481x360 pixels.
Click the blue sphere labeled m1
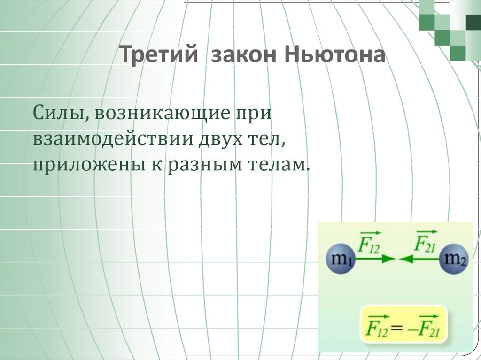(341, 259)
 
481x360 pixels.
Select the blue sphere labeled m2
(453, 259)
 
